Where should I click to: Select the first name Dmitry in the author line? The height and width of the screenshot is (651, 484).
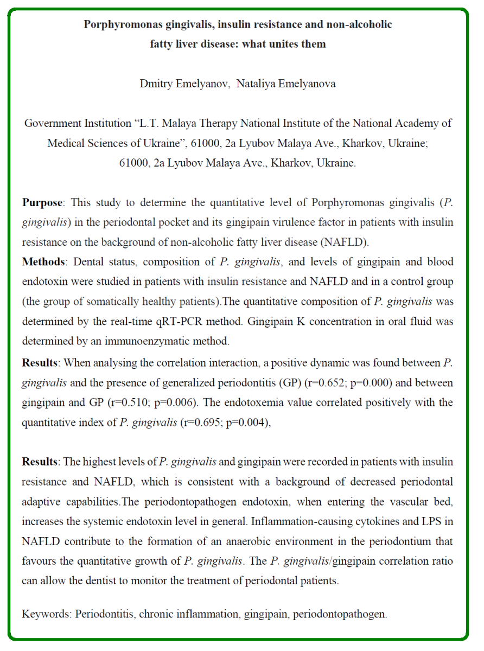click(x=156, y=84)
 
